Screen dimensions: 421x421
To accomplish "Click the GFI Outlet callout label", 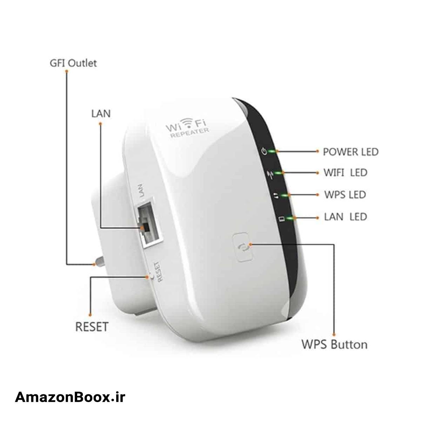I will point(73,63).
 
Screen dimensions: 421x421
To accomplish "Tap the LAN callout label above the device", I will point(101,114).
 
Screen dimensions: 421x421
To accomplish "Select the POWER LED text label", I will point(350,152).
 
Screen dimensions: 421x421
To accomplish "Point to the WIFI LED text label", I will point(345,173).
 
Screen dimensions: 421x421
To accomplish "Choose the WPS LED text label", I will point(345,194).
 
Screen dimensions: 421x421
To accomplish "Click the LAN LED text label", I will point(346,216).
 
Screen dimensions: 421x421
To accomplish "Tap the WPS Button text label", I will point(334,344).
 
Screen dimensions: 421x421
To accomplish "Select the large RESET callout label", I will point(92,327).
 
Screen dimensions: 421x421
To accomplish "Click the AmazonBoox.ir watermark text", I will point(70,397).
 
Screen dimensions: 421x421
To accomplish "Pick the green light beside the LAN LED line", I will point(290,218).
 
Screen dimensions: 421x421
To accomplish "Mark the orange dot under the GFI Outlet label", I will point(66,71).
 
